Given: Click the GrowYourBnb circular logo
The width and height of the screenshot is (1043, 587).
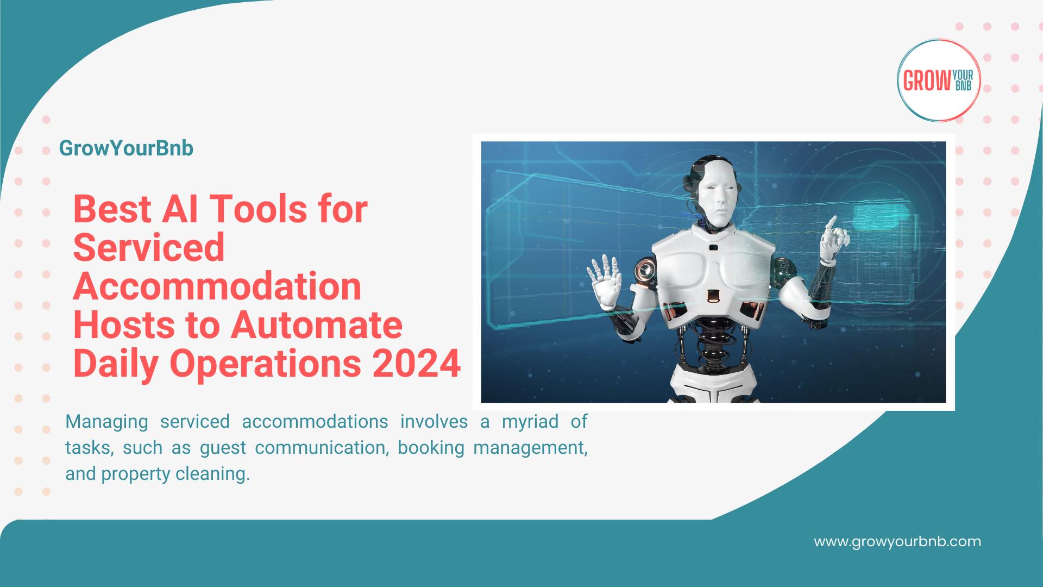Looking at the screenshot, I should pyautogui.click(x=938, y=80).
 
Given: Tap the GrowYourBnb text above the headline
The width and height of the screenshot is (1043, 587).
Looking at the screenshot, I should pyautogui.click(x=126, y=148).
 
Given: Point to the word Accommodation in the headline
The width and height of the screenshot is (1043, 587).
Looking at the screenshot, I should pyautogui.click(x=217, y=286).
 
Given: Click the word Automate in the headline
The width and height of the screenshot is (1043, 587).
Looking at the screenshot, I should pyautogui.click(x=317, y=324).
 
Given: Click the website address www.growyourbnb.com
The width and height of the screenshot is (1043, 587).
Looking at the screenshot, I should pyautogui.click(x=897, y=541).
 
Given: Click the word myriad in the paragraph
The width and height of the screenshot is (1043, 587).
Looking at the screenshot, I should pyautogui.click(x=530, y=421).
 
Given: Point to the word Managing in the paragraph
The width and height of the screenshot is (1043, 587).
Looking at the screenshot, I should pyautogui.click(x=106, y=421).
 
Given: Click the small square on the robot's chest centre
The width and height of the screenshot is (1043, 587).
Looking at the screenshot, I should pyautogui.click(x=713, y=296).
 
